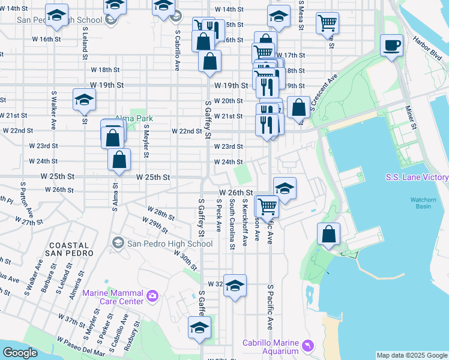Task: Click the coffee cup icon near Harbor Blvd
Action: point(392,46)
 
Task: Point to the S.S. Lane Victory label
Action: point(417,178)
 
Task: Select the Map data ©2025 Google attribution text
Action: point(411,355)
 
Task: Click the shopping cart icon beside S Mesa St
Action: point(328,23)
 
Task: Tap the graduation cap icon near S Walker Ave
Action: point(84,100)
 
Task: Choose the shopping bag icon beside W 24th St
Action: point(119,160)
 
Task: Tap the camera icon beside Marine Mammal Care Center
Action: point(152,295)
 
